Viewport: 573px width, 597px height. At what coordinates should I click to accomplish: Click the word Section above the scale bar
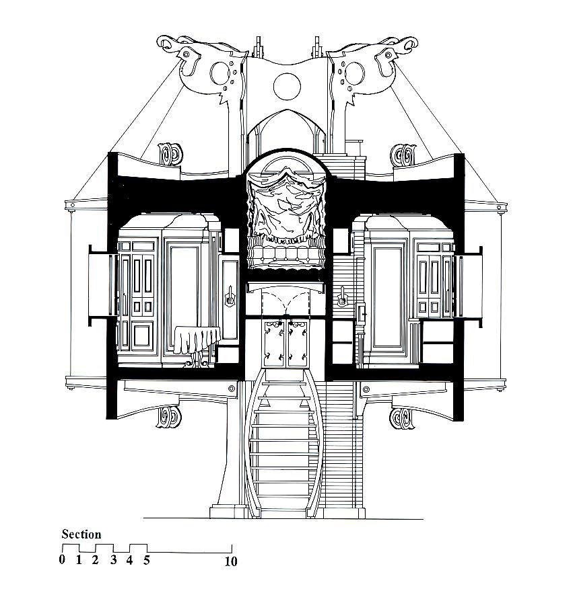tap(81, 534)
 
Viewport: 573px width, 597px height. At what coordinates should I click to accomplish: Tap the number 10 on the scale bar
tap(231, 561)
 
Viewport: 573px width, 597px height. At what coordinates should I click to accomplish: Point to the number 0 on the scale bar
tap(62, 559)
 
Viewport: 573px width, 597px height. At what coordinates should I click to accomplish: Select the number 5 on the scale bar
tap(147, 560)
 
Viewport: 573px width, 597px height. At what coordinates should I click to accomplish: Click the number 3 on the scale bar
tap(113, 560)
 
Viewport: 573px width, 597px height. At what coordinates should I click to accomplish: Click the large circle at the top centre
tap(287, 87)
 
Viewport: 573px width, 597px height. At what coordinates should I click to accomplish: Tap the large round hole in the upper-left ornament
tap(220, 73)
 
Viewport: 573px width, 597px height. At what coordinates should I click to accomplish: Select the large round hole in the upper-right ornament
tap(353, 73)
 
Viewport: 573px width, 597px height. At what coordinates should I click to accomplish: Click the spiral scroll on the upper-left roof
tap(170, 154)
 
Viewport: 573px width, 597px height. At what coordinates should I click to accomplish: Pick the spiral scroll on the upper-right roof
tap(404, 155)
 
